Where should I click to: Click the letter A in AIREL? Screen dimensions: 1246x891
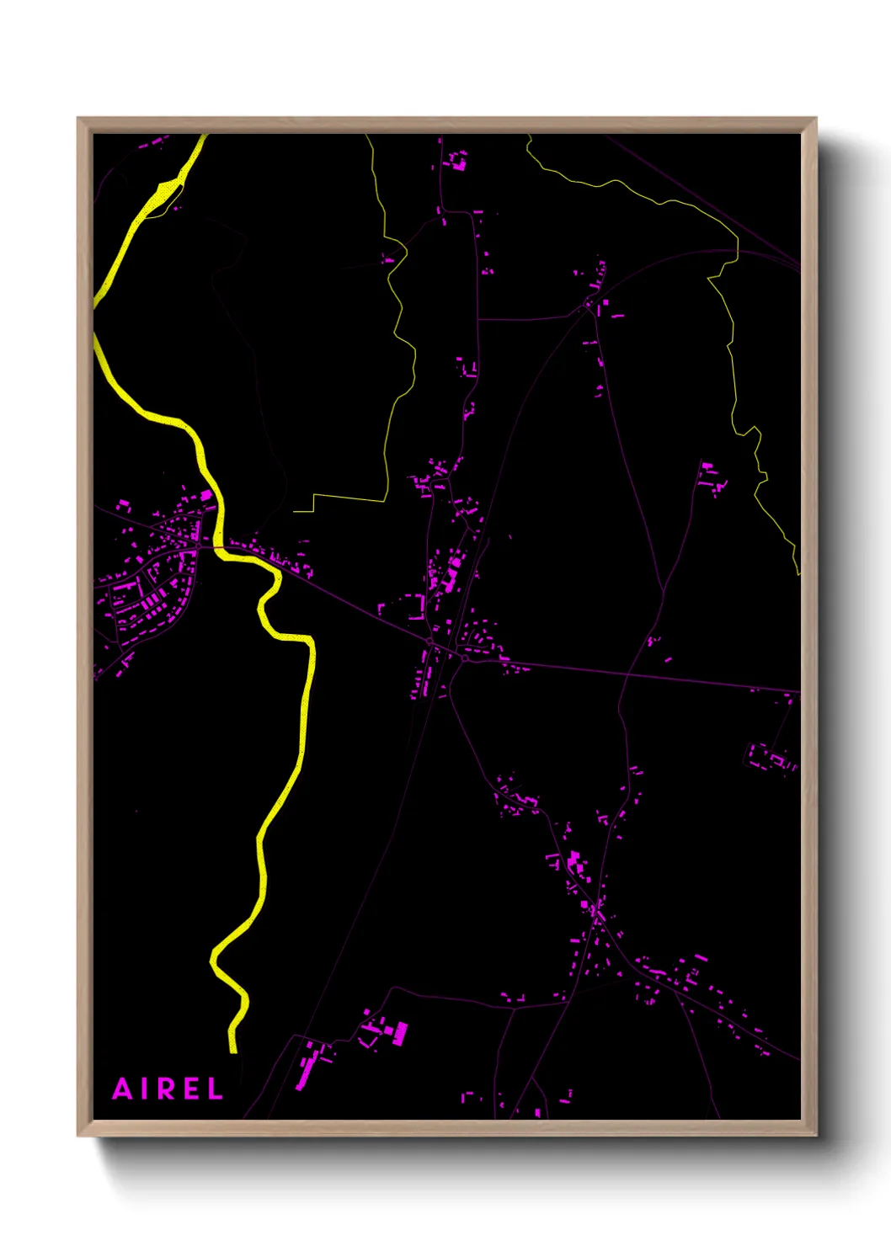(123, 1089)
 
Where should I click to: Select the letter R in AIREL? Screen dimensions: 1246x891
(168, 1089)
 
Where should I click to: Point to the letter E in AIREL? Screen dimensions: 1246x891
(191, 1089)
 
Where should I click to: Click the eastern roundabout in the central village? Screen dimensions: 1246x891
(464, 658)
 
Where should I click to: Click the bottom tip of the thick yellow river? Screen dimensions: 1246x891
(233, 1051)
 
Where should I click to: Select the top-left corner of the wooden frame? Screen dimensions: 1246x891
(78, 119)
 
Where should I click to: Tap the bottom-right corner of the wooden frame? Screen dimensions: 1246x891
(815, 1135)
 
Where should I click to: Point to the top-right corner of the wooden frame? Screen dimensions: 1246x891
(815, 119)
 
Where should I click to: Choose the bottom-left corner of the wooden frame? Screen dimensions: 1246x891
(78, 1135)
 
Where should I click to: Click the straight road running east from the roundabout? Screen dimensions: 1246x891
(632, 674)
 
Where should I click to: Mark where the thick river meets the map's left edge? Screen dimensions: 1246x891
(94, 320)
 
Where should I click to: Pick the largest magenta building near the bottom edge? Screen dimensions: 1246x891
(401, 1033)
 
